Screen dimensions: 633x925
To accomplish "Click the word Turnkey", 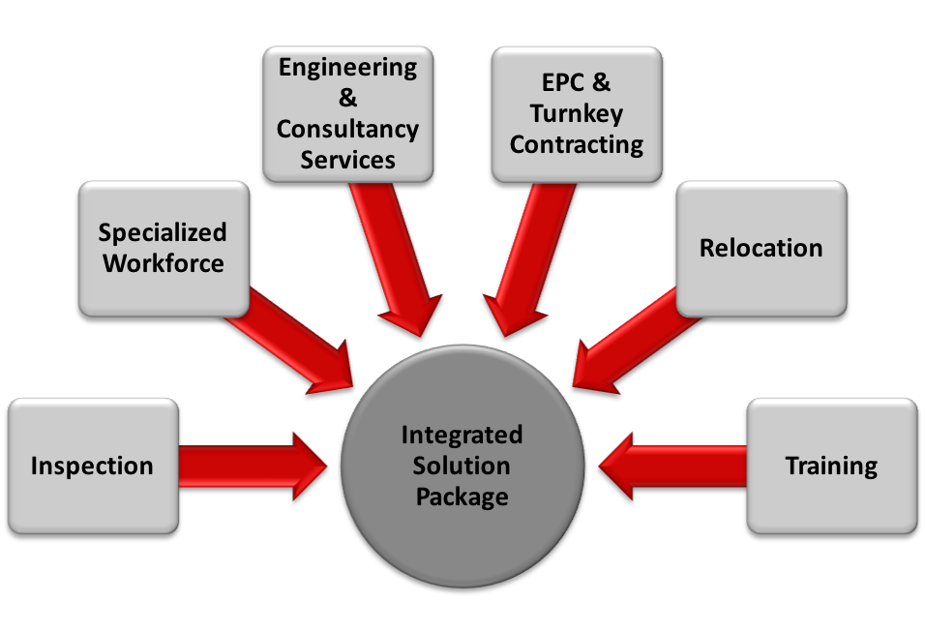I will (577, 113).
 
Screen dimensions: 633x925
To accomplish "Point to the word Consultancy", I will (347, 129).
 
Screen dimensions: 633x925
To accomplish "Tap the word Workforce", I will (164, 262).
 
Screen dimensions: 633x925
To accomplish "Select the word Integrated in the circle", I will (462, 435).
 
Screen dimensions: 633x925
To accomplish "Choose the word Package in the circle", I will (462, 497).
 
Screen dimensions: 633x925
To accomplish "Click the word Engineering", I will (347, 68).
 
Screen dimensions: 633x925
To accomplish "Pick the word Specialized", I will (164, 232).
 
